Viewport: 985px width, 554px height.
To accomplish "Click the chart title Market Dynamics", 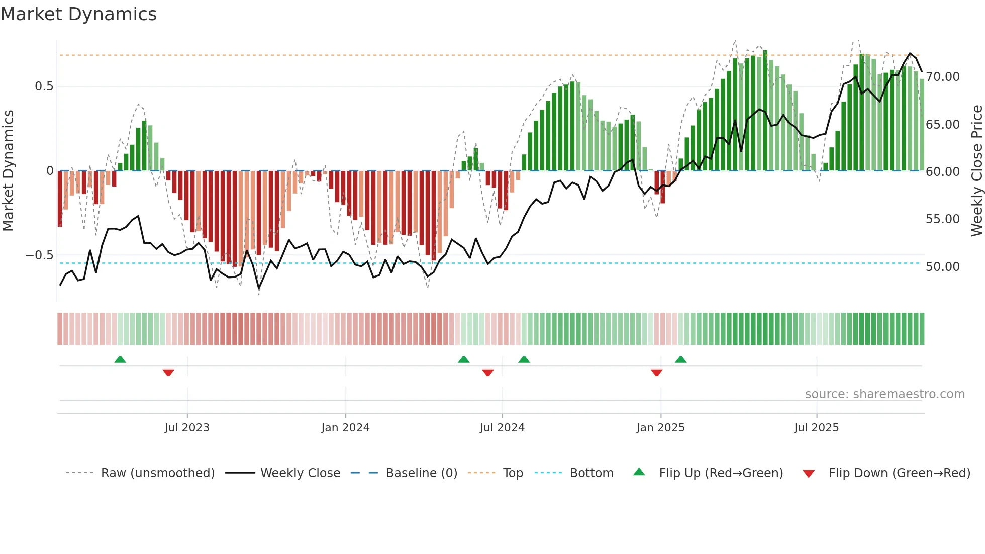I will [78, 14].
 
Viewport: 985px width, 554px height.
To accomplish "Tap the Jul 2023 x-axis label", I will [186, 428].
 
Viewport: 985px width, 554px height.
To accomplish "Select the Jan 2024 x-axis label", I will [345, 428].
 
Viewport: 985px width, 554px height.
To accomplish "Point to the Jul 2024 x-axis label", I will [502, 428].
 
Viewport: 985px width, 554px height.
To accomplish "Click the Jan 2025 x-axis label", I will [660, 428].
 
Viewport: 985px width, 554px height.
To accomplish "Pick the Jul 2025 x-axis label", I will [816, 428].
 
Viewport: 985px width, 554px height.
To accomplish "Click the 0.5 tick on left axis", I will [44, 86].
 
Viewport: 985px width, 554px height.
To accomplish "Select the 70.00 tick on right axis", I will [942, 77].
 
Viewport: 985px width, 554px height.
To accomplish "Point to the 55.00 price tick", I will [942, 219].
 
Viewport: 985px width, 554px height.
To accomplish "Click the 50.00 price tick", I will [942, 267].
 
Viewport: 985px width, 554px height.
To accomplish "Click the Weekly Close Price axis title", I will [976, 171].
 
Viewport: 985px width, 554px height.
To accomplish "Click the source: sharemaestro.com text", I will [884, 394].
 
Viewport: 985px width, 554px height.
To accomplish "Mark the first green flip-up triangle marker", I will [120, 360].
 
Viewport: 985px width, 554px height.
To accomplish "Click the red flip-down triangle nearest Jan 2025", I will [656, 373].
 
